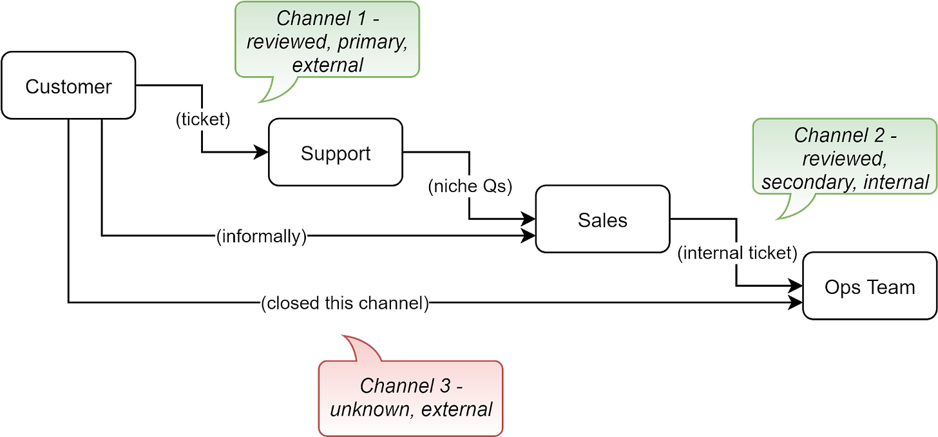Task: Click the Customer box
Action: (68, 86)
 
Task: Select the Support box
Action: (335, 153)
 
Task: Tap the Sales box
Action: (602, 220)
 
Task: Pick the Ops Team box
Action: (870, 286)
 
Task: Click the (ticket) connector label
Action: (202, 119)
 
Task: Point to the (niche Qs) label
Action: (470, 186)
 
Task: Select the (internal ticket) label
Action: (738, 253)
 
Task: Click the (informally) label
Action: (262, 237)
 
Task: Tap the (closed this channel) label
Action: (345, 303)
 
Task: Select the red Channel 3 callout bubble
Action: (411, 397)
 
